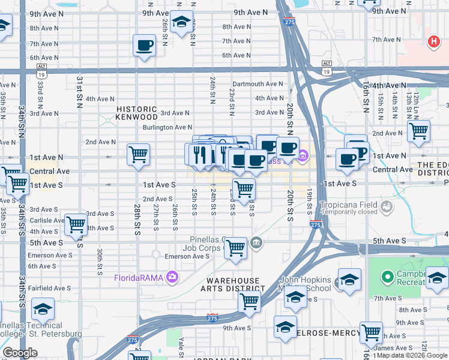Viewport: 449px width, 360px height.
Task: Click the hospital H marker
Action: tap(432, 42)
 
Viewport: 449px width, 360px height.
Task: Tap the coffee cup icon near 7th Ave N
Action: tap(144, 46)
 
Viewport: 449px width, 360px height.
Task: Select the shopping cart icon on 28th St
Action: tap(139, 154)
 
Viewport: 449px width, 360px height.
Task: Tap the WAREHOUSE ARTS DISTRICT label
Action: tap(234, 284)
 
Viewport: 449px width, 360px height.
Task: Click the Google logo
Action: tap(20, 353)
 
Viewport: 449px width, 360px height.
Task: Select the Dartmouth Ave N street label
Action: tap(258, 84)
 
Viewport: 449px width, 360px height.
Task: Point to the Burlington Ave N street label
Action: tap(167, 127)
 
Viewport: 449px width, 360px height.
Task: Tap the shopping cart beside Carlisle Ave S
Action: tap(76, 224)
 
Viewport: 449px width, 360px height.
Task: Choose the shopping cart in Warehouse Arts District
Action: tap(249, 302)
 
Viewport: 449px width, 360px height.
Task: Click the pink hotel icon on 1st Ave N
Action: tap(304, 158)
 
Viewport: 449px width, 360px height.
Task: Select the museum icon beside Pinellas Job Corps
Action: tap(256, 243)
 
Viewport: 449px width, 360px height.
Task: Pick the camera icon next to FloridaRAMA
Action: tap(172, 277)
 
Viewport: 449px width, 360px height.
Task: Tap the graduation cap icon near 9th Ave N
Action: tap(181, 22)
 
